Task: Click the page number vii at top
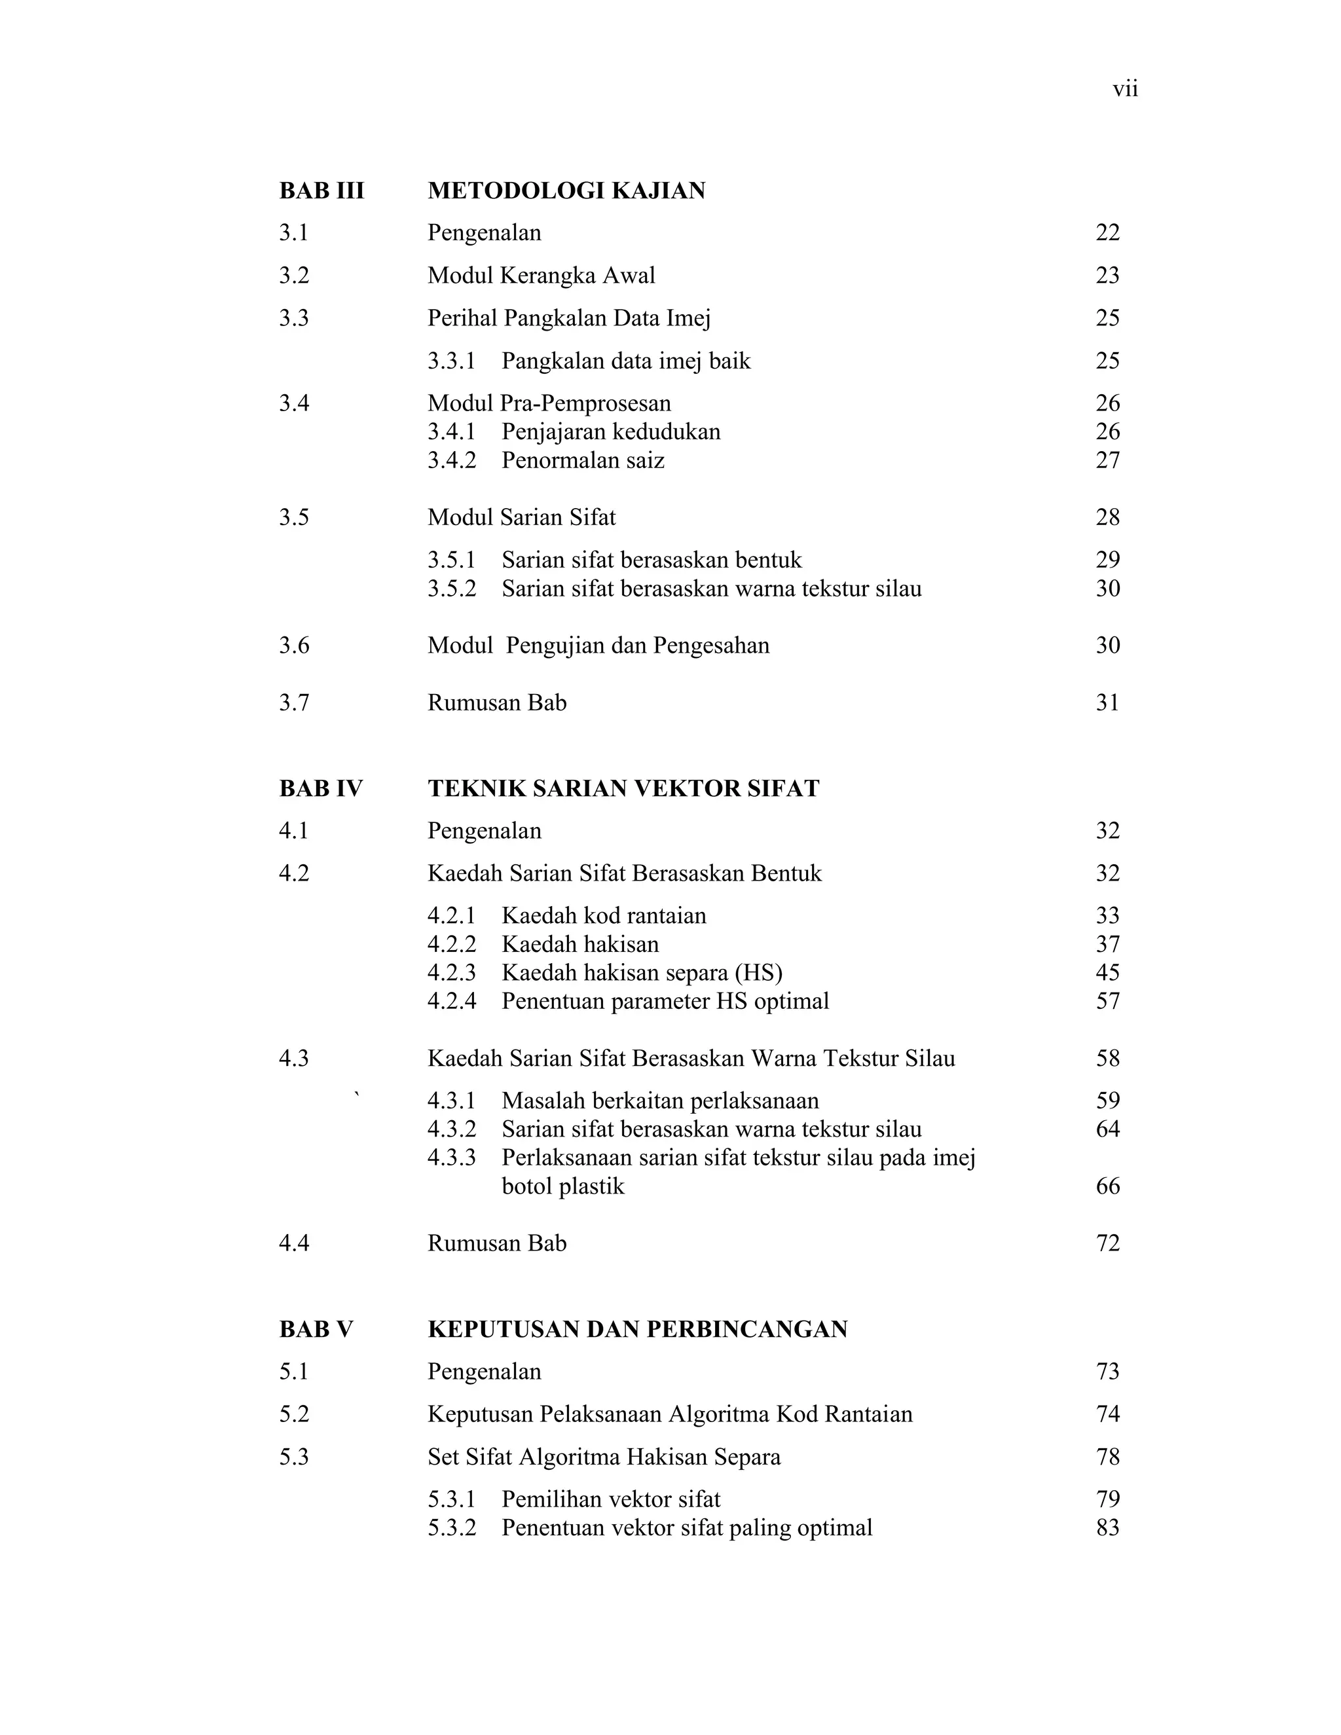click(x=1125, y=90)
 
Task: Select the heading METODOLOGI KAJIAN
click(x=566, y=191)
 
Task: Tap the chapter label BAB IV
click(x=320, y=788)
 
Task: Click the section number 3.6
click(x=293, y=645)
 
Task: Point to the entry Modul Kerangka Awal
click(x=541, y=276)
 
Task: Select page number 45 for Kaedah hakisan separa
click(x=1107, y=972)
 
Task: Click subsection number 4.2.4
click(x=451, y=1001)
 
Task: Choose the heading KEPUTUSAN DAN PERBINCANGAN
click(x=637, y=1329)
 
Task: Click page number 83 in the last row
click(x=1107, y=1527)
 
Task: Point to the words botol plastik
click(x=562, y=1186)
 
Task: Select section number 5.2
click(x=293, y=1414)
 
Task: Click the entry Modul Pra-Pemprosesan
click(x=549, y=403)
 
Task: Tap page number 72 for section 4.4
click(x=1107, y=1243)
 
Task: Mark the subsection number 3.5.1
click(x=451, y=560)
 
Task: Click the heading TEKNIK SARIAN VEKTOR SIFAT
click(x=623, y=788)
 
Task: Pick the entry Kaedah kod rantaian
click(x=604, y=916)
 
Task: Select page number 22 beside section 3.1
click(x=1107, y=233)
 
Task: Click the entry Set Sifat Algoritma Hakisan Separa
click(x=604, y=1457)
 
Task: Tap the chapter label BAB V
click(x=316, y=1329)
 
